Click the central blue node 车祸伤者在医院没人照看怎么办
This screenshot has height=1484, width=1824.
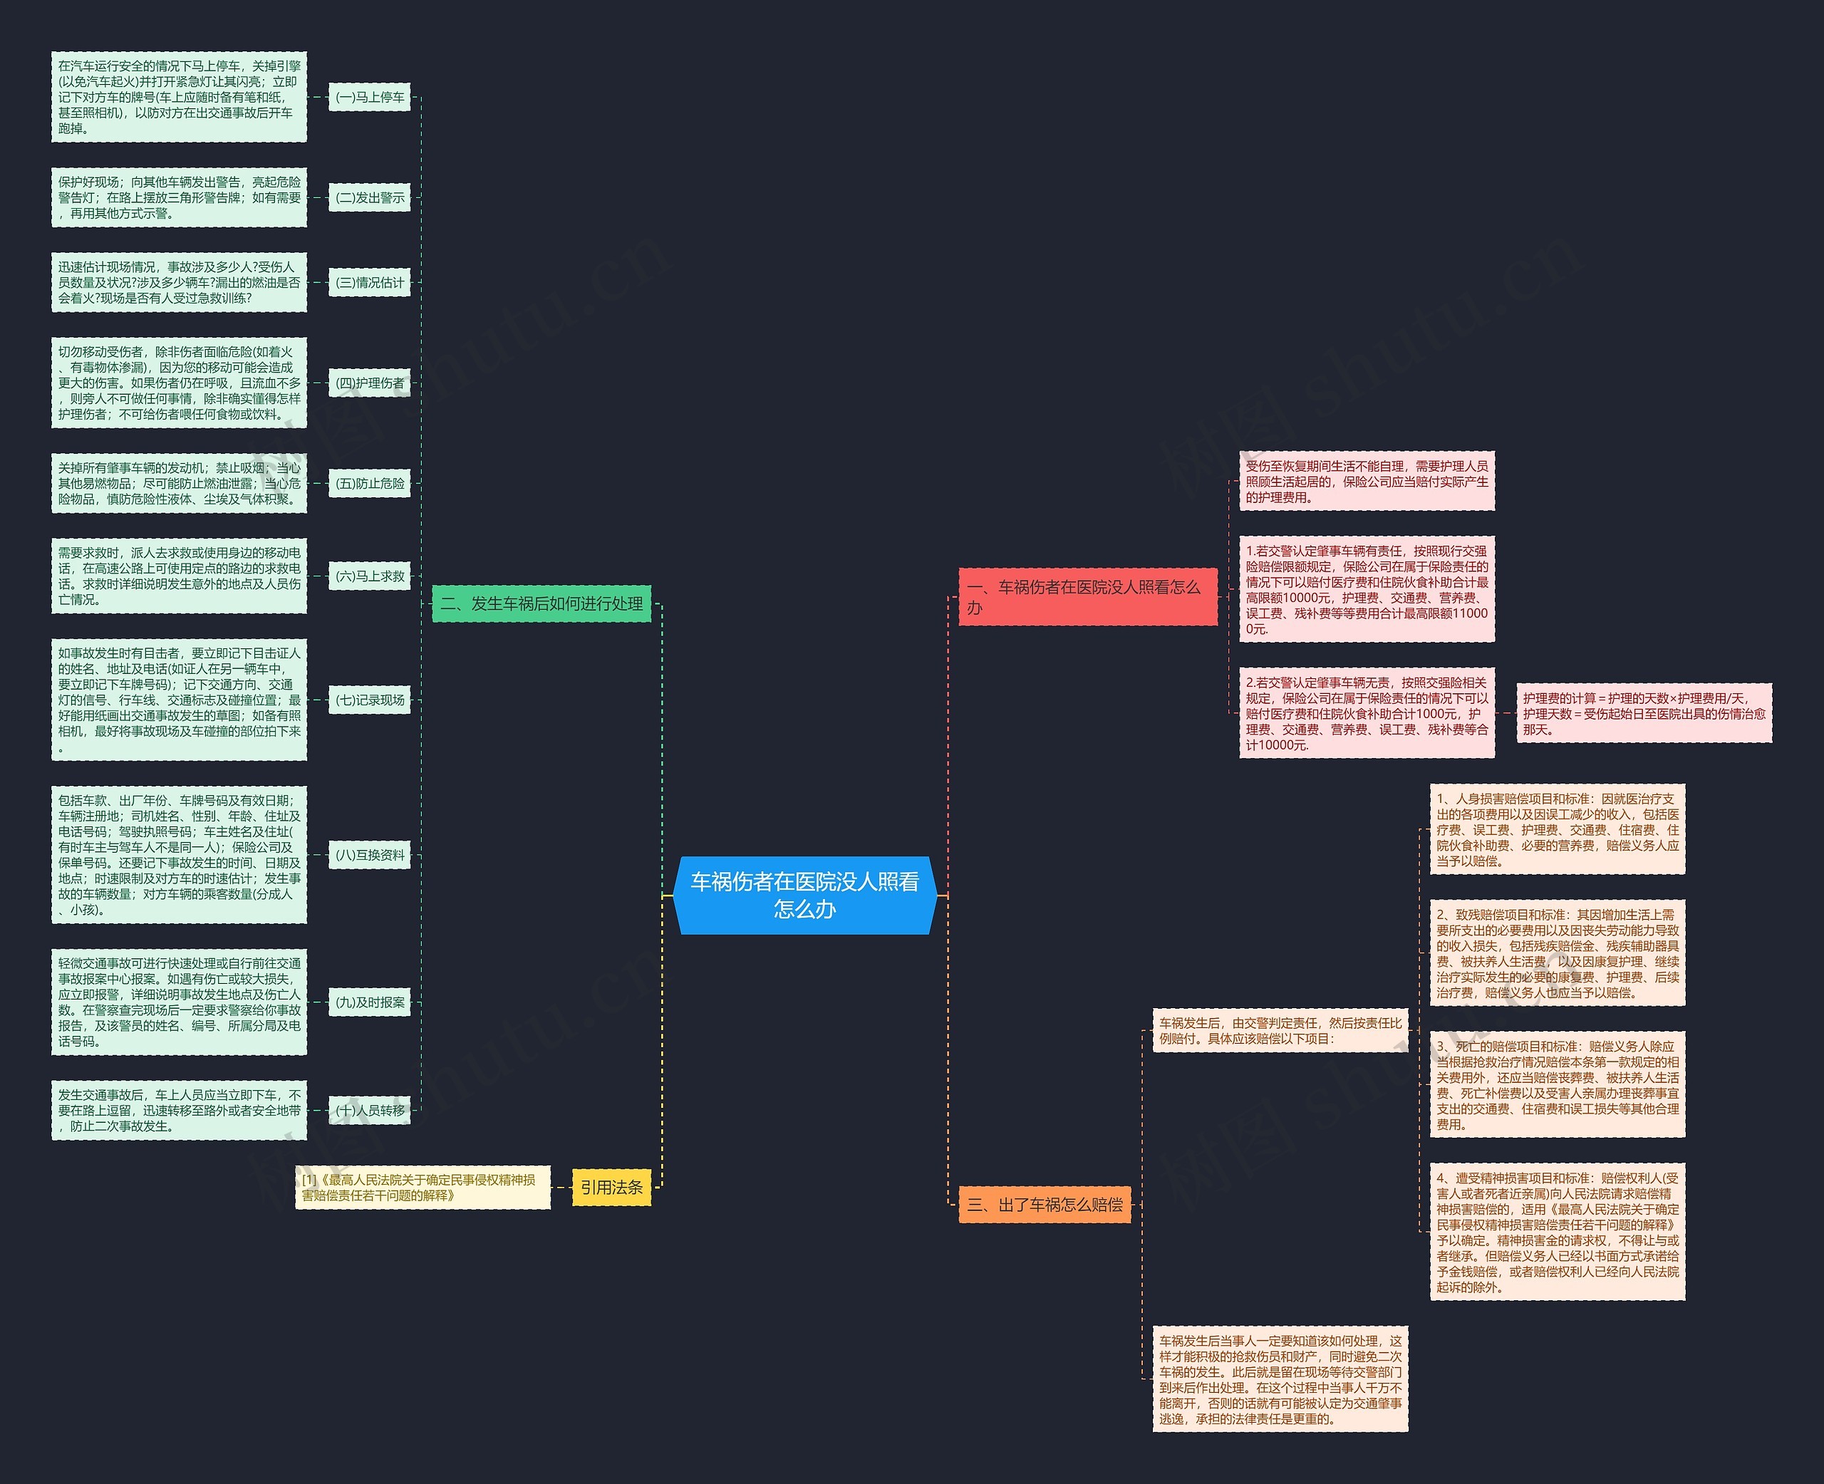coord(804,895)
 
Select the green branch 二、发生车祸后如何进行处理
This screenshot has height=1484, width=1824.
coord(541,603)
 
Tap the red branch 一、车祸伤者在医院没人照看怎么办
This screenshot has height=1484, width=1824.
coord(1087,597)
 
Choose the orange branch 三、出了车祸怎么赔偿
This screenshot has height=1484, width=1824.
coord(1045,1205)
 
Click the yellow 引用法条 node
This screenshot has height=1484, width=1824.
coord(611,1188)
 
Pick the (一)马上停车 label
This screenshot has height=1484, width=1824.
coord(370,98)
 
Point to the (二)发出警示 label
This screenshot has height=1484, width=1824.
coord(370,197)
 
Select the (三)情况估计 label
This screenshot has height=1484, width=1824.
coord(370,282)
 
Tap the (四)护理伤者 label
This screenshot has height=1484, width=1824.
coord(370,383)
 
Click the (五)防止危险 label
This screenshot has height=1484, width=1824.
coord(370,483)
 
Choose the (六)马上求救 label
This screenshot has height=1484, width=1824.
coord(370,576)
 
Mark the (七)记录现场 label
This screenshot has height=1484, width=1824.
coord(370,700)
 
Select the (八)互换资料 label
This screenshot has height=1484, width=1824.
coord(370,855)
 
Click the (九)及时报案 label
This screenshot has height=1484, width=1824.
coord(370,1002)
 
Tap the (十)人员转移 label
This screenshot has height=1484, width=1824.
coord(370,1111)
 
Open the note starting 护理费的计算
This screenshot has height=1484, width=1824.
coord(1644,714)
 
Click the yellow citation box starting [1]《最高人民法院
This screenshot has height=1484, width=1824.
coord(423,1188)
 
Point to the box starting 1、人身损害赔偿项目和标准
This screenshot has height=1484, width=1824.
coord(1558,830)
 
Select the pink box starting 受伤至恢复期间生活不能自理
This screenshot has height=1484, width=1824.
coord(1367,482)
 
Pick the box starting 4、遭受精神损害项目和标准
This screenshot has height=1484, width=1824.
coord(1558,1233)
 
